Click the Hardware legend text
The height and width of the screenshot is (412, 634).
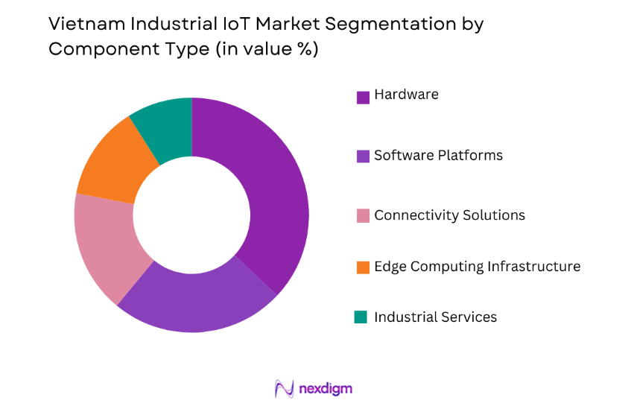(x=406, y=95)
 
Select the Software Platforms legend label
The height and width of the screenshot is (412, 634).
(x=438, y=156)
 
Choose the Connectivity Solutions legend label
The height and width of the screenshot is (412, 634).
(x=449, y=215)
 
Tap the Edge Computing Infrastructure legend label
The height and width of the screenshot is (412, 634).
(x=477, y=267)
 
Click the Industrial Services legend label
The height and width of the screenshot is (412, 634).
(x=435, y=317)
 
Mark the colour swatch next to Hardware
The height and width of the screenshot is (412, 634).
(x=363, y=97)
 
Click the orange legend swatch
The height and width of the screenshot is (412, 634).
(x=363, y=267)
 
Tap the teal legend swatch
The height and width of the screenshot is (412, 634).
(x=361, y=317)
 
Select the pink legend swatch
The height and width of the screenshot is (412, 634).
(x=363, y=216)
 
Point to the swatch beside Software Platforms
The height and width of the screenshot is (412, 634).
(x=363, y=156)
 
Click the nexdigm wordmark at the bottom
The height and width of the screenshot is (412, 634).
(x=325, y=388)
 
